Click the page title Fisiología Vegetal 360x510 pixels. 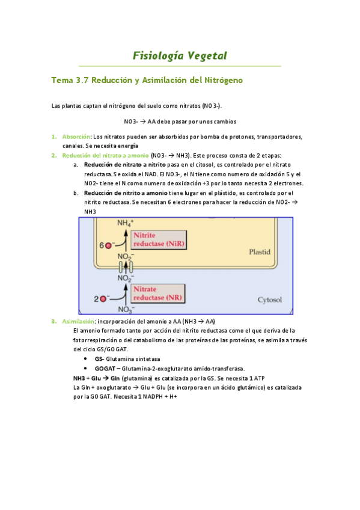180,56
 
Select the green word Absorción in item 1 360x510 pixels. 76,137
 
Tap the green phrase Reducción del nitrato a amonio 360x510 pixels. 105,155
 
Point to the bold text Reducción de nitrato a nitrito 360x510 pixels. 124,164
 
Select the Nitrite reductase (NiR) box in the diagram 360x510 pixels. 159,240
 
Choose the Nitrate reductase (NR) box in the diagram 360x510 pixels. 159,293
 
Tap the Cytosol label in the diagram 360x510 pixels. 269,299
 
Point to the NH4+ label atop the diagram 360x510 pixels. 125,223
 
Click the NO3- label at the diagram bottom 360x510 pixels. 125,310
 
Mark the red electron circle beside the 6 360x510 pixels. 109,245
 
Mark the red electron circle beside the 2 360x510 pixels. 105,298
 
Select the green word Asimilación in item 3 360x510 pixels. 78,321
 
